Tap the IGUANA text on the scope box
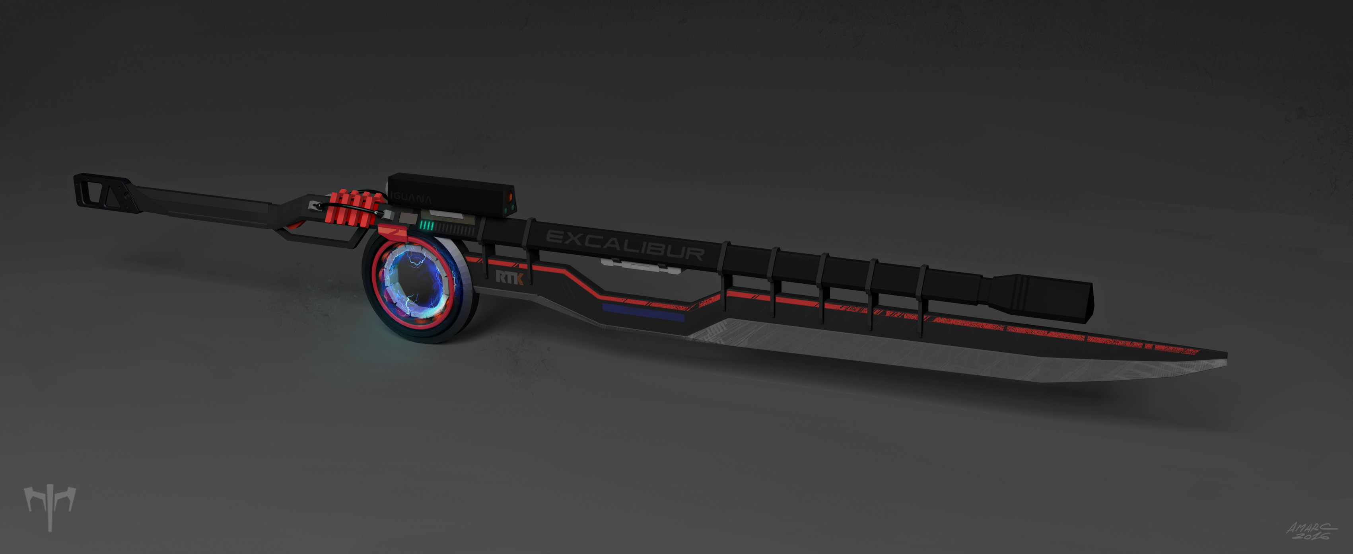pos(412,199)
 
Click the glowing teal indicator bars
pos(426,226)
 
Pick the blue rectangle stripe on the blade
pos(643,313)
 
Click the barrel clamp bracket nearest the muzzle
pos(923,295)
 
